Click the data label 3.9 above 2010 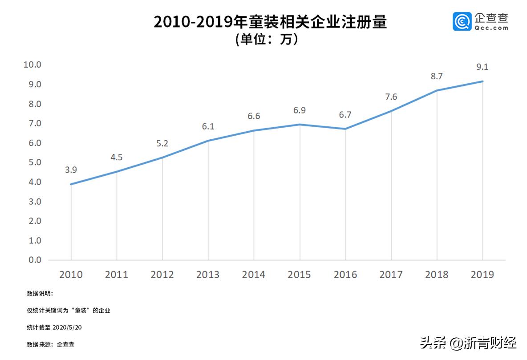coord(71,170)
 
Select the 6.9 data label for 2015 coord(299,110)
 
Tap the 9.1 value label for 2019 coord(482,67)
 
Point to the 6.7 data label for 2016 coord(345,115)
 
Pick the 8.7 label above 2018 coord(437,77)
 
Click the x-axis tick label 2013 coord(208,275)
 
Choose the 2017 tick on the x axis coord(391,275)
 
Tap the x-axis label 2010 coord(71,275)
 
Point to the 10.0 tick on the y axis coord(32,65)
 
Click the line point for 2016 coord(345,129)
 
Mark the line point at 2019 coord(482,81)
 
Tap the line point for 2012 coord(162,158)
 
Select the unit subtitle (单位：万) coord(266,40)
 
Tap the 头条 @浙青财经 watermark coord(468,343)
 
